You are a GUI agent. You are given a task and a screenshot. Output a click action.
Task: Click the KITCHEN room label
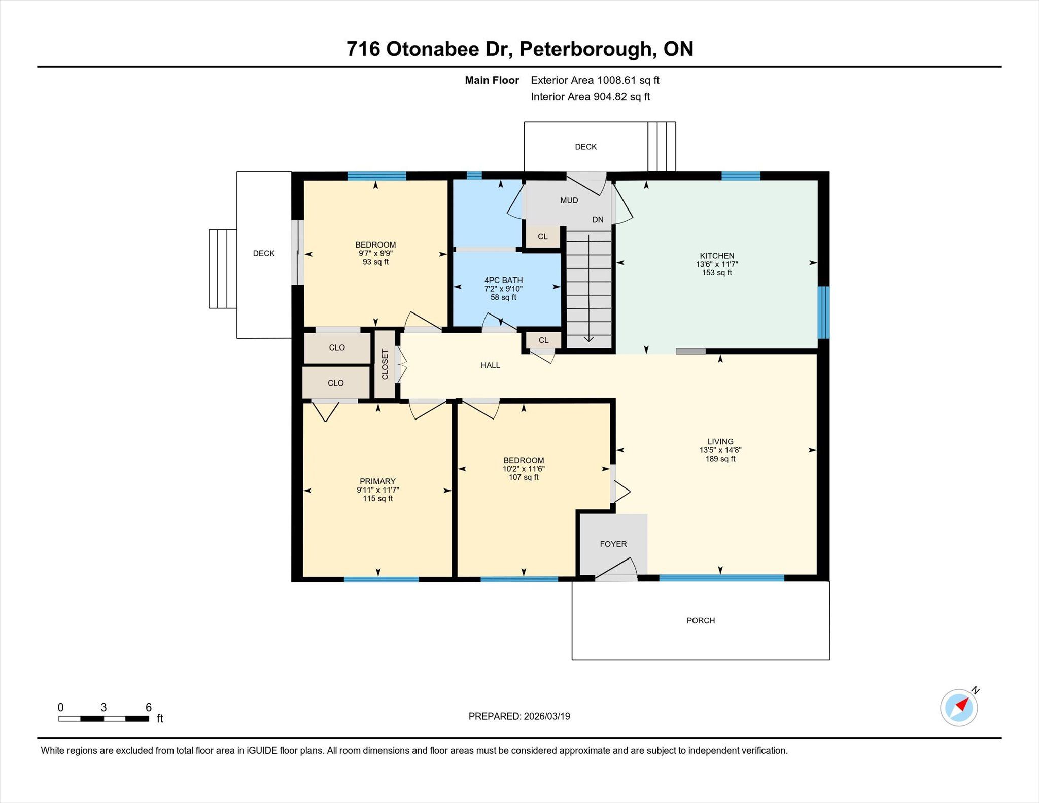pos(717,256)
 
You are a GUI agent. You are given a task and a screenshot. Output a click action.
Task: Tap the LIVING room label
pos(720,441)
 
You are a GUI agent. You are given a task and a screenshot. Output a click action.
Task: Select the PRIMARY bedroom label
pos(377,481)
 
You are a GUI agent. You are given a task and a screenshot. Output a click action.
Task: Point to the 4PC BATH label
pos(503,280)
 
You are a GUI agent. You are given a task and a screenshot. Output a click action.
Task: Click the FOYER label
pos(613,544)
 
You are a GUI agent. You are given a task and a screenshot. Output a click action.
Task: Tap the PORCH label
pos(701,620)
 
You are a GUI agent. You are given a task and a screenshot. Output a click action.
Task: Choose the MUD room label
pos(569,200)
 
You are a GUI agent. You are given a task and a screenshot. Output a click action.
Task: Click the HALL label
pos(491,365)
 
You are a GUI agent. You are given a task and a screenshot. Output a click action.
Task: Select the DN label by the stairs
pos(598,220)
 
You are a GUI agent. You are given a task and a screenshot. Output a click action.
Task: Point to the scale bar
pos(103,719)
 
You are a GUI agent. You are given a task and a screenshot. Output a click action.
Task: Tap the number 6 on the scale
pos(149,707)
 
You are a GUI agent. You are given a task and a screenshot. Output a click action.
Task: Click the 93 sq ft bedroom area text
pos(376,262)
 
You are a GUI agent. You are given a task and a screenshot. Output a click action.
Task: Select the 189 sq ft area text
pos(720,459)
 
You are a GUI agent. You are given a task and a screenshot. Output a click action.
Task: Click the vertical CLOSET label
pos(385,364)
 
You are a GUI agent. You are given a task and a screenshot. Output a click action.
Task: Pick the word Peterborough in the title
pos(585,49)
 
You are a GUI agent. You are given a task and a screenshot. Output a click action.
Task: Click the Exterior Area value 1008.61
pos(616,80)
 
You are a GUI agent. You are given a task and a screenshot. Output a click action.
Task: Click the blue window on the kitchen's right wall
pos(824,312)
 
